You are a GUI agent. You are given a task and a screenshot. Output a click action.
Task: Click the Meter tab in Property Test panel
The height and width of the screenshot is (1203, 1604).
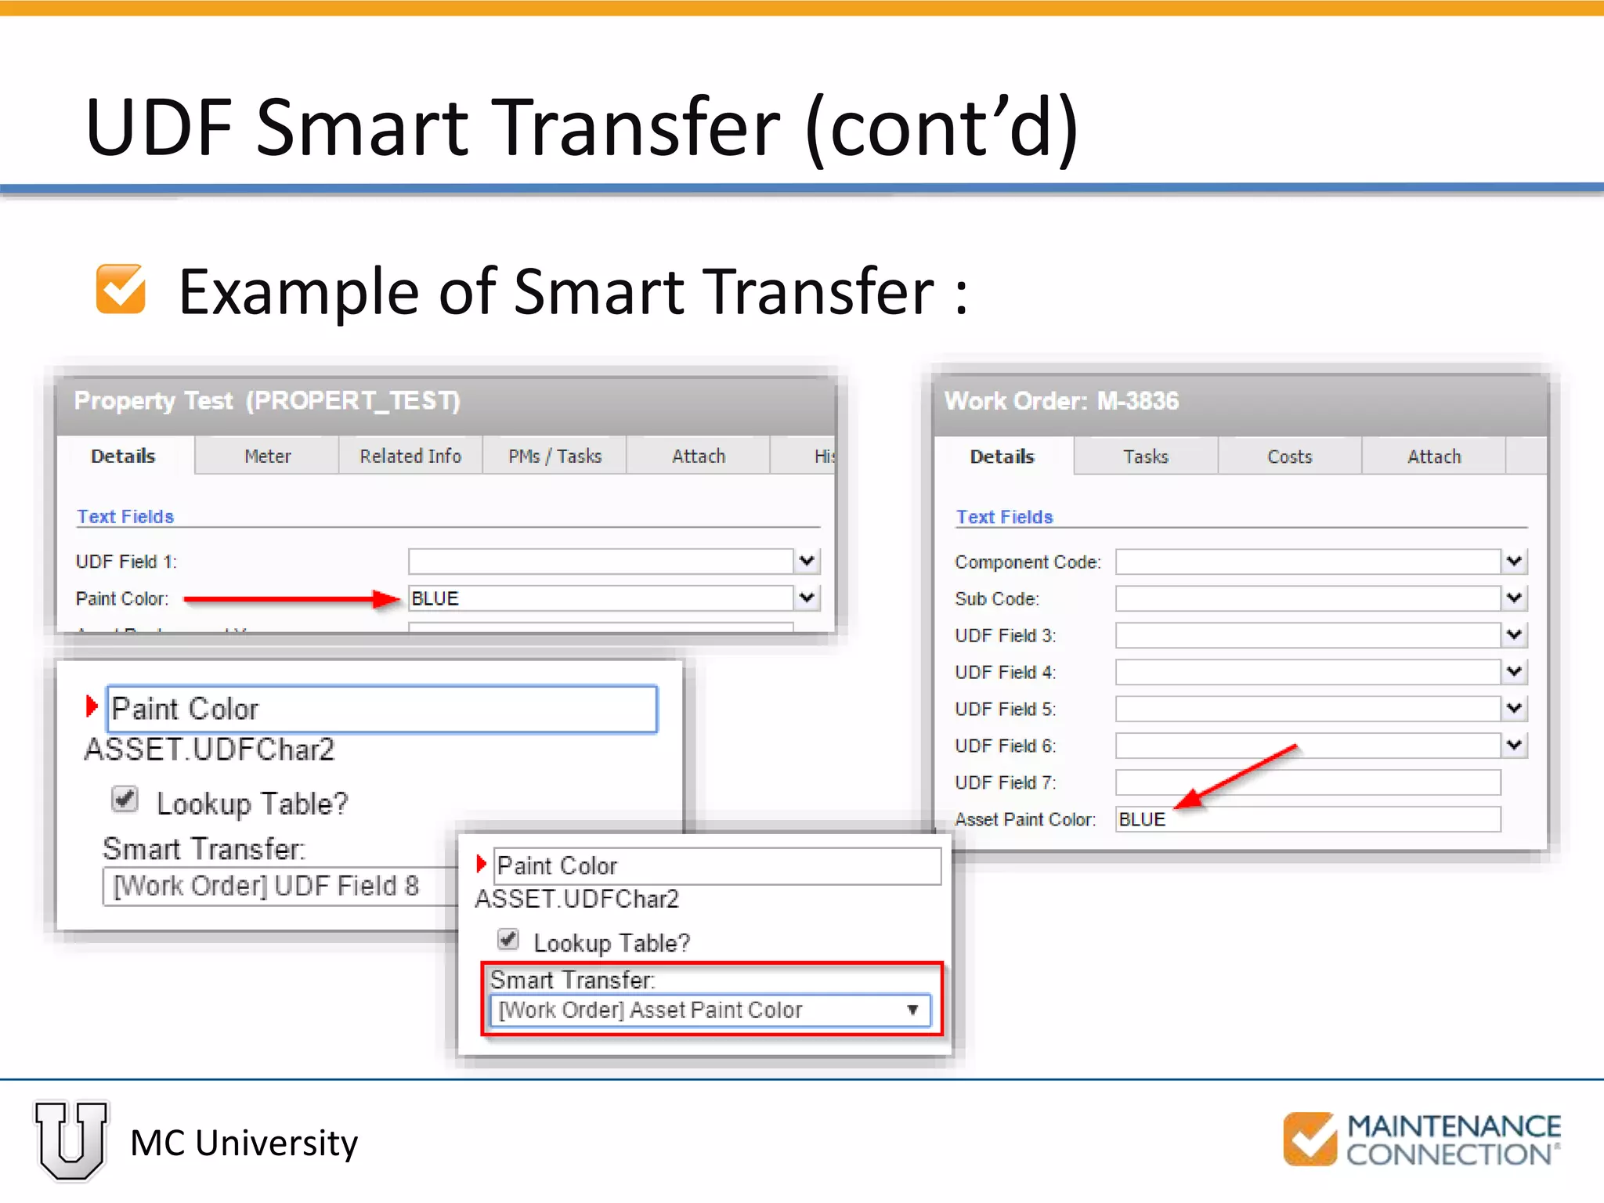(x=267, y=456)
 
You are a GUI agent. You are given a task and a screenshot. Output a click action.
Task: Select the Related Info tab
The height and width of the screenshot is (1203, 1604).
(x=410, y=456)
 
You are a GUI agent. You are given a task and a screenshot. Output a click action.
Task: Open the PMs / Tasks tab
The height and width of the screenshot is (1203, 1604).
(x=555, y=456)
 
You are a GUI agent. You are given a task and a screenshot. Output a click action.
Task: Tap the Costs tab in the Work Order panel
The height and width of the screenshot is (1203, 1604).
(x=1289, y=457)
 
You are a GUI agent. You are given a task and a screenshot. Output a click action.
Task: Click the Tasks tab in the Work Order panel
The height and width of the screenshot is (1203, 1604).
(x=1145, y=457)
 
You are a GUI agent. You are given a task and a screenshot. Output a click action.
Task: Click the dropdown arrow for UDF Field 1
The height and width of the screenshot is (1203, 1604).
(x=807, y=561)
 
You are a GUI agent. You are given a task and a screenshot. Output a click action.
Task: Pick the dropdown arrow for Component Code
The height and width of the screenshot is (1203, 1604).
(x=1514, y=561)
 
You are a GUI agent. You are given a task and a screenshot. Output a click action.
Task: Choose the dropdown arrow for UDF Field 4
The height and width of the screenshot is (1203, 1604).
(x=1514, y=671)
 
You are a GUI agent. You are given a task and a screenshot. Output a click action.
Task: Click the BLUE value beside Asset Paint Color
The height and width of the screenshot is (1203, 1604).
(x=1142, y=819)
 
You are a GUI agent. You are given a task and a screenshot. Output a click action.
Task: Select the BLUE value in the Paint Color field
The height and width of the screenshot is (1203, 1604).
(x=435, y=598)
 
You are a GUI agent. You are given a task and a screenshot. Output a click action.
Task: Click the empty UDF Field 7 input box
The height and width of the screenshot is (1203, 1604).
(x=1307, y=782)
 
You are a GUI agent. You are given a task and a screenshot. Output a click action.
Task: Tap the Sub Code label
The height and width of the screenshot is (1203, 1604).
(x=996, y=599)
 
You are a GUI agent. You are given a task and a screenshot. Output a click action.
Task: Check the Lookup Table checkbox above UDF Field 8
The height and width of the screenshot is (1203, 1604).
(x=125, y=800)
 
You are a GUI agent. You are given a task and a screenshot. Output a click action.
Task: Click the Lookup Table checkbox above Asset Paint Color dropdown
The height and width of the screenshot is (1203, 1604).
(x=508, y=939)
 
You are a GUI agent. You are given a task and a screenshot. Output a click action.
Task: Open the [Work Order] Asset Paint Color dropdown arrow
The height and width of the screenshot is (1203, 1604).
(x=912, y=1010)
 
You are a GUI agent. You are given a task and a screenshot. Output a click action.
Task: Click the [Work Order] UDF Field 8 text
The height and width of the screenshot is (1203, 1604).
(x=266, y=886)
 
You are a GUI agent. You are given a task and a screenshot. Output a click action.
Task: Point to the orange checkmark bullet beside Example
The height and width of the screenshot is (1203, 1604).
(x=121, y=290)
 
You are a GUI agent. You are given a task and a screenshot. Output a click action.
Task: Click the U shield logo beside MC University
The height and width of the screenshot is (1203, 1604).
(x=71, y=1141)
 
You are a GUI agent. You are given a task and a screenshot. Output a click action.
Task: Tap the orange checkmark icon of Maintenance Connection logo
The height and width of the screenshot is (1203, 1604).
(x=1310, y=1139)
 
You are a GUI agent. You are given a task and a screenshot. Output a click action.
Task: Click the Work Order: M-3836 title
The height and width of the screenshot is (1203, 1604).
(x=1061, y=401)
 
